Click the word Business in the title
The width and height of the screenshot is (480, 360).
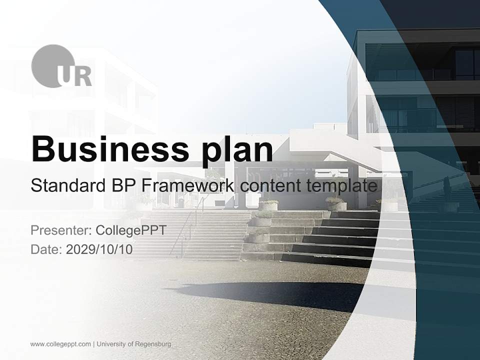[106, 149]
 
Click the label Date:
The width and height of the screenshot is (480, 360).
[46, 249]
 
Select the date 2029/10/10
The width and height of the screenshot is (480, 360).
[99, 249]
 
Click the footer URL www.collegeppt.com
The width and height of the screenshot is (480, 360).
[60, 344]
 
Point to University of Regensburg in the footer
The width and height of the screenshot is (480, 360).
[134, 344]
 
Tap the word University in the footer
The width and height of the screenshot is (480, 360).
[111, 344]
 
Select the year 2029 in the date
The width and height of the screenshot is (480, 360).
[77, 249]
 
